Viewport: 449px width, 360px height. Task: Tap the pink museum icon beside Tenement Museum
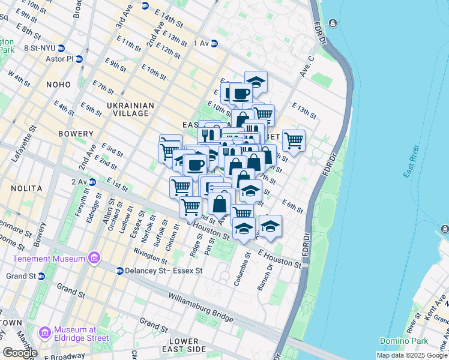(93, 259)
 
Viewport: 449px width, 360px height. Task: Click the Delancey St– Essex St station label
(164, 271)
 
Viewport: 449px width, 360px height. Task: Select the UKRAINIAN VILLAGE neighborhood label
(130, 109)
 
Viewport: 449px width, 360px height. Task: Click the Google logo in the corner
(20, 352)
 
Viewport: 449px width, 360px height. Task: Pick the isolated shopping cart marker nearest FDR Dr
(294, 141)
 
